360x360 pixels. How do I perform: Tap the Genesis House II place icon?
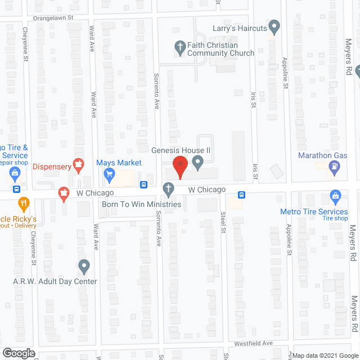click(x=197, y=163)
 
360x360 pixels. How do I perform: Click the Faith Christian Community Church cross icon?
click(x=180, y=48)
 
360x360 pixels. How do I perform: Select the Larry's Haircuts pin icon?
click(x=274, y=26)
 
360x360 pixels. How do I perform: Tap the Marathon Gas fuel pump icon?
click(x=335, y=166)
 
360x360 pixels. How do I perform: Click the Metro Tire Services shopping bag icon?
click(x=336, y=197)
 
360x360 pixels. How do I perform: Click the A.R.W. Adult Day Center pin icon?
click(x=84, y=265)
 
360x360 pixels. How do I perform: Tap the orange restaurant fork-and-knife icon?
click(x=24, y=203)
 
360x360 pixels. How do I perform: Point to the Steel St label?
click(x=223, y=222)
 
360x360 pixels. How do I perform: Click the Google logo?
click(x=19, y=353)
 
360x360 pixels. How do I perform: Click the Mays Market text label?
click(x=119, y=163)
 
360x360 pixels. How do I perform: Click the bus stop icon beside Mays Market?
click(x=144, y=184)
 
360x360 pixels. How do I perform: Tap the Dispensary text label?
click(x=51, y=166)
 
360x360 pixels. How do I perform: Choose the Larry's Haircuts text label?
click(x=239, y=28)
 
